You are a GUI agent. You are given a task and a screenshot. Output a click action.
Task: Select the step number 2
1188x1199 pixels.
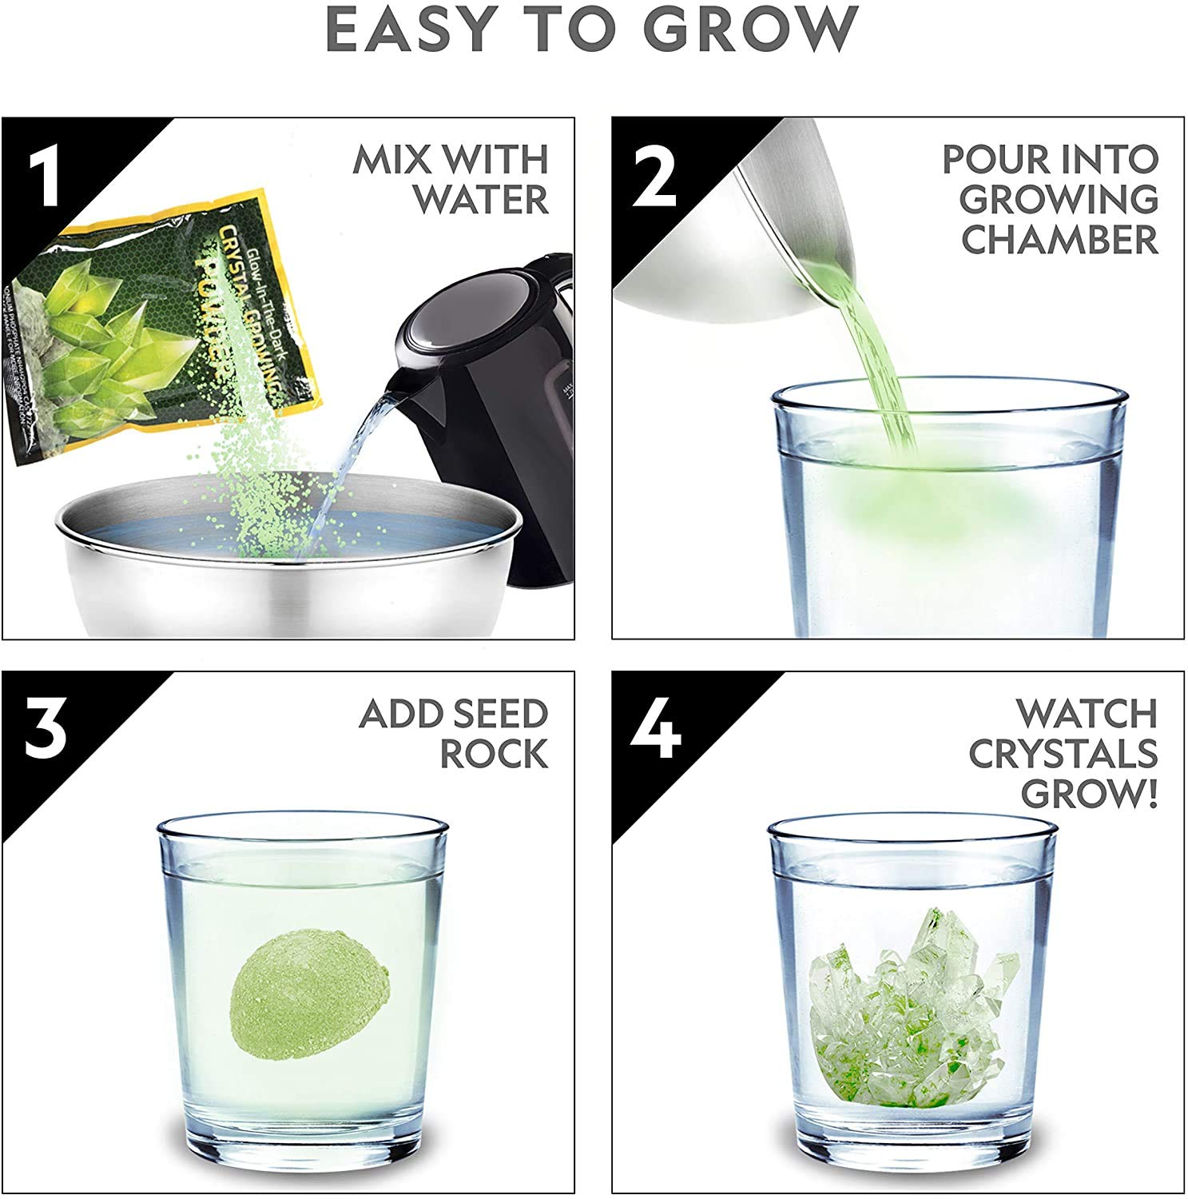655,176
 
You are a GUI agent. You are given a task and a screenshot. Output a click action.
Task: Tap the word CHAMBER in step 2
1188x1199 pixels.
1059,240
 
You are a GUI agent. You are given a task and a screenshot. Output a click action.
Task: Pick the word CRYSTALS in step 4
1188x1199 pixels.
1063,754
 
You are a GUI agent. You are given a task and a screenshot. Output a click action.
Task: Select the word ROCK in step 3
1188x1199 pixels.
494,754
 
